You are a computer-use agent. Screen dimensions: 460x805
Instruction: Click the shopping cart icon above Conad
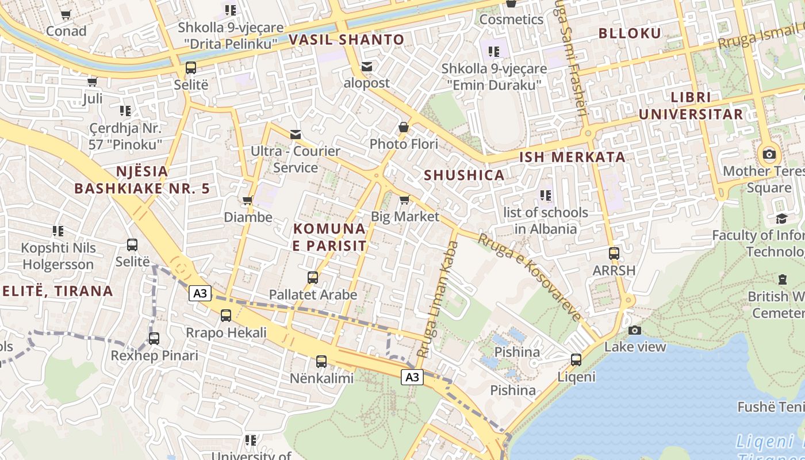66,14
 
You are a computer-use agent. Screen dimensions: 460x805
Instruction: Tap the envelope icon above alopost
367,67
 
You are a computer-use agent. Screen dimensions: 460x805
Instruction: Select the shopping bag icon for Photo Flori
404,127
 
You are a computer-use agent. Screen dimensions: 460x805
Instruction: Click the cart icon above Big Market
405,200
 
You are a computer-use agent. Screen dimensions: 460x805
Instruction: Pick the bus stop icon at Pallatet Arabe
313,278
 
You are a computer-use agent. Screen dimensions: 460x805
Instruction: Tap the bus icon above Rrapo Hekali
226,316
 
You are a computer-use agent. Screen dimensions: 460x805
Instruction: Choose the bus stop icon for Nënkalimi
321,362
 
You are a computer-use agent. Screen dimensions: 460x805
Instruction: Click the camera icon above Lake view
635,330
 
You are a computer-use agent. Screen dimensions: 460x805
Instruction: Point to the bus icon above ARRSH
614,254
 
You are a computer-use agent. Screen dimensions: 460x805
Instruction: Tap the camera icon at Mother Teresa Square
769,154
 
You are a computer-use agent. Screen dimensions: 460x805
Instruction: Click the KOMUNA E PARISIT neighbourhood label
329,237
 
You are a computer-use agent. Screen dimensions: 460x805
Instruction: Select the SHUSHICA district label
464,175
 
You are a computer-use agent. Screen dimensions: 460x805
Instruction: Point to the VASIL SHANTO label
347,40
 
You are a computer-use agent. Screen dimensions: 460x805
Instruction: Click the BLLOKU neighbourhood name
630,33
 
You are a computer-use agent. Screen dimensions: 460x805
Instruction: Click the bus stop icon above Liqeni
576,361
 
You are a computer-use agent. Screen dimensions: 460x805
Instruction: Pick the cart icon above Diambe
248,201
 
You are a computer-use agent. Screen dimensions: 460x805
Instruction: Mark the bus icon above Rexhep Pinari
154,339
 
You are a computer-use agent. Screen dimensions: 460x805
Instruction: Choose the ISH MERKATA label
572,157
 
